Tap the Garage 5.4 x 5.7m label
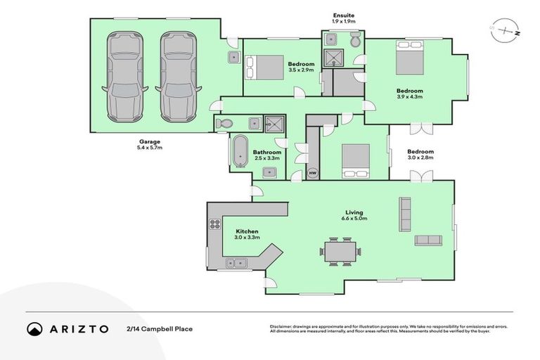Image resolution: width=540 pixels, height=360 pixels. (149, 145)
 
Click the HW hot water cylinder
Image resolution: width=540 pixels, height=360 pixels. (313, 172)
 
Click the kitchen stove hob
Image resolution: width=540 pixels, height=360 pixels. (214, 225)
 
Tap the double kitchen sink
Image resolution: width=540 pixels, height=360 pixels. (234, 263)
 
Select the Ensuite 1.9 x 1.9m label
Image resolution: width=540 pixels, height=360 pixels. (344, 18)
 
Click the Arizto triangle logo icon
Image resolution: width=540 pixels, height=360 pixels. (34, 328)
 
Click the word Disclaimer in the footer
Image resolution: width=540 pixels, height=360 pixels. (281, 326)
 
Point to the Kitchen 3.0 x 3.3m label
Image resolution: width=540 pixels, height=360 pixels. (247, 234)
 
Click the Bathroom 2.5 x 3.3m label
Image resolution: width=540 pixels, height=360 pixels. (267, 155)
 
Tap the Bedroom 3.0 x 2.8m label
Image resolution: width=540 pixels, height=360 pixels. (420, 155)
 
